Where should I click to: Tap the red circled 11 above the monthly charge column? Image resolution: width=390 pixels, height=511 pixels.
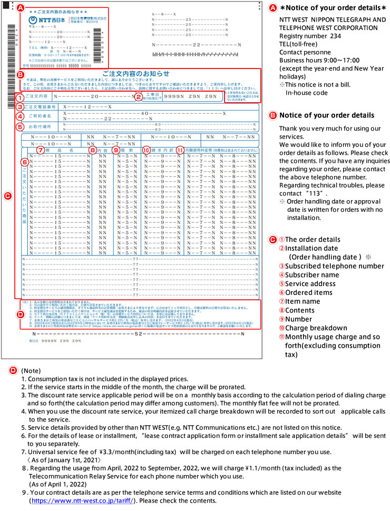click(180, 150)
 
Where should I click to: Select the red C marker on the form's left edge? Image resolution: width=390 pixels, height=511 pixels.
click(7, 196)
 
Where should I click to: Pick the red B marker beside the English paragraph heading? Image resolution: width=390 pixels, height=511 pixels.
click(272, 115)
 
